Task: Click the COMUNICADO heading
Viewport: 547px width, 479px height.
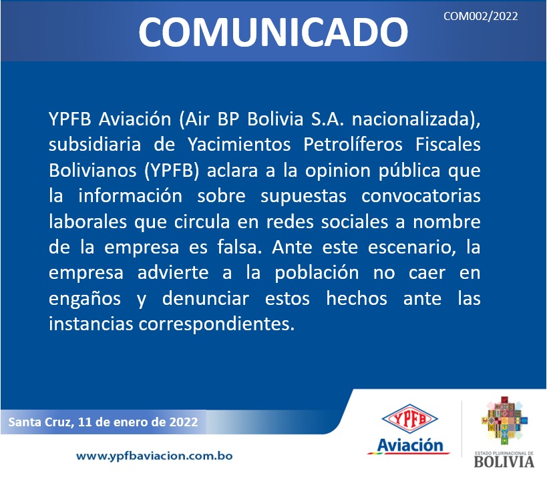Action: tap(273, 32)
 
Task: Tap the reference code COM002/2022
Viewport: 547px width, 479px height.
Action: tap(480, 16)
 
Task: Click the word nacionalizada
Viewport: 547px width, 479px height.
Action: tap(411, 119)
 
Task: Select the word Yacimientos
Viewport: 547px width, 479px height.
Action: tap(239, 145)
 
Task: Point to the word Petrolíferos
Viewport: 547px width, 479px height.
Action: tap(353, 145)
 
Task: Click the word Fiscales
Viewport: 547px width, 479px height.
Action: tap(448, 144)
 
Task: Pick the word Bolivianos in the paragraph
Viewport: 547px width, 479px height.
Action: tap(92, 170)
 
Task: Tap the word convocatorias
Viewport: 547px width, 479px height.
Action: tap(421, 196)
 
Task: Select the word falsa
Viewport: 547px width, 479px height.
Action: tap(239, 247)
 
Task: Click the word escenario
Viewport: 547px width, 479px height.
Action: tap(411, 248)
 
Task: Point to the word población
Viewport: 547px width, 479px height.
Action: tap(317, 273)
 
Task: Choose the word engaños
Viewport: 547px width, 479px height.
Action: tap(85, 300)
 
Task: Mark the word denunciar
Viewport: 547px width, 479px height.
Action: tap(206, 299)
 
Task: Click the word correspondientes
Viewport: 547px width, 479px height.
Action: tap(216, 324)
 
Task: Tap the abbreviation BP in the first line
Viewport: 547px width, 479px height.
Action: tap(228, 119)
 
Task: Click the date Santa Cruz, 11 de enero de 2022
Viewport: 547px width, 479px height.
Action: tap(103, 422)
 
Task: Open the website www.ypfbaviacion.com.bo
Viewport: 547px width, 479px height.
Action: tap(154, 456)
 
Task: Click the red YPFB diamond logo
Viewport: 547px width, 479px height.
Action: tap(409, 418)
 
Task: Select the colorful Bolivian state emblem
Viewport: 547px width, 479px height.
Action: tap(504, 420)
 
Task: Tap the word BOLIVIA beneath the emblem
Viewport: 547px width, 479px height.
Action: tap(504, 462)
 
